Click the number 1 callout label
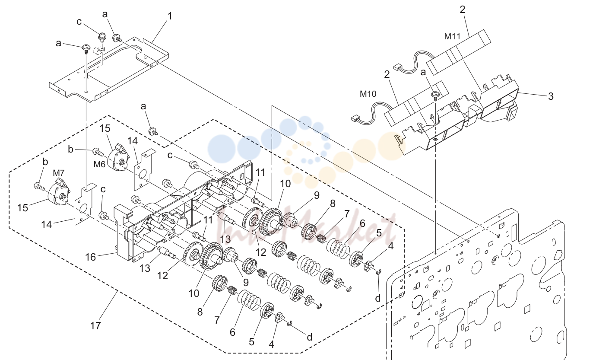170,16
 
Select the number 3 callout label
551,96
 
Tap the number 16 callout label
91,257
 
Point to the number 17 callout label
95,326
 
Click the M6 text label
99,164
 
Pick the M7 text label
58,173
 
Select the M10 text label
368,94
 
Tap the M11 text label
452,36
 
